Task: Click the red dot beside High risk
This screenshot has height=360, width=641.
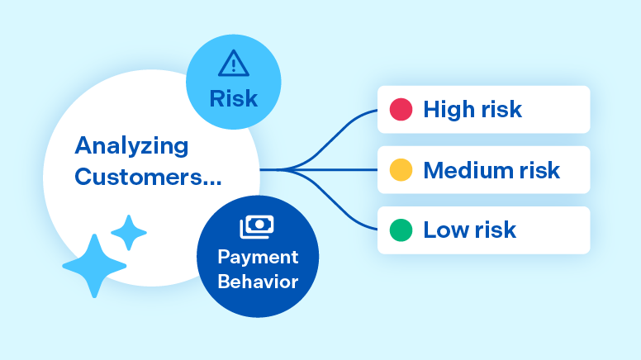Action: [x=401, y=110]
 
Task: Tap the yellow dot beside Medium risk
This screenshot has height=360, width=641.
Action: [x=401, y=170]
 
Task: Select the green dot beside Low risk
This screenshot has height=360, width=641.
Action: [x=401, y=230]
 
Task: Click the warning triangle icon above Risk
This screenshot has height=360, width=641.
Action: [x=233, y=63]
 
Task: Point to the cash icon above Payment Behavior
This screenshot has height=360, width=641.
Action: [x=256, y=227]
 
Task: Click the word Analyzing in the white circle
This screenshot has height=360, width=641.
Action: [x=131, y=147]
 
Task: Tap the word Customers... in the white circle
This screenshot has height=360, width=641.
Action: [x=149, y=177]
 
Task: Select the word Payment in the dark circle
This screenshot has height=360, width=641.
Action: [x=258, y=257]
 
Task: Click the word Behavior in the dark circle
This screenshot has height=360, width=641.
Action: [x=258, y=282]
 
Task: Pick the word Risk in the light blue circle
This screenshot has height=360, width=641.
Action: [x=233, y=99]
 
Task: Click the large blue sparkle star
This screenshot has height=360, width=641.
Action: [x=94, y=265]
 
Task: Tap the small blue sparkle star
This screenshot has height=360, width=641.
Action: [x=129, y=233]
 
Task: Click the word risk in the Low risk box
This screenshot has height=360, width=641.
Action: [x=495, y=230]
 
